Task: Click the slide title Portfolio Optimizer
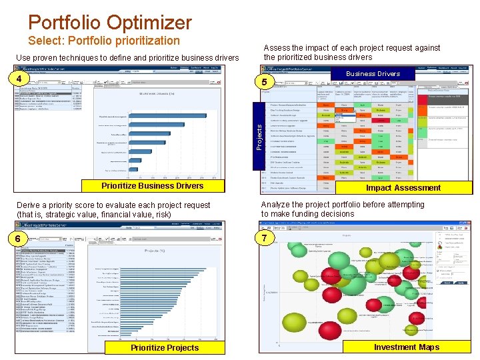[110, 22]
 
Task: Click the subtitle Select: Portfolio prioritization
[104, 41]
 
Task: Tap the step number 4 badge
[22, 79]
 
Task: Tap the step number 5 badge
[264, 82]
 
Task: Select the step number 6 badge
[22, 238]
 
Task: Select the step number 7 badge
[264, 238]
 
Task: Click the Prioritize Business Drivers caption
[152, 185]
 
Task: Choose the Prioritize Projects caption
[164, 347]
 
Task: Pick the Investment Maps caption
[406, 347]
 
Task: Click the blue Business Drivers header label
[373, 73]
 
